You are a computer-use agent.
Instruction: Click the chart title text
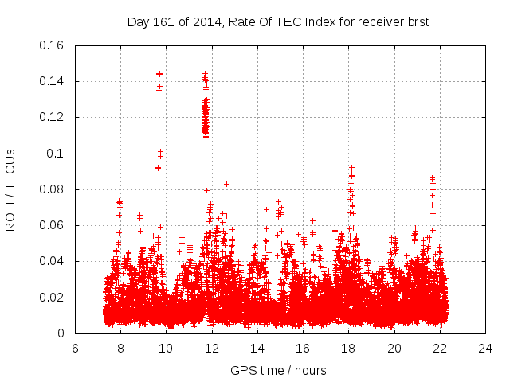[x=278, y=22]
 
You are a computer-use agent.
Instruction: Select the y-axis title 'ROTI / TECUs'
[x=11, y=189]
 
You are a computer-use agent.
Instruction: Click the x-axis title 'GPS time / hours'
[x=278, y=371]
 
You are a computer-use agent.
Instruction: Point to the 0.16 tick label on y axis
[x=53, y=45]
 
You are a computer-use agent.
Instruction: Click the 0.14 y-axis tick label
[x=53, y=81]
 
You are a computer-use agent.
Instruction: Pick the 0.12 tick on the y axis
[x=53, y=118]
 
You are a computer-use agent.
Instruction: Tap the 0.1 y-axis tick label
[x=57, y=154]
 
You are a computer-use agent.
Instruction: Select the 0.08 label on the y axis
[x=53, y=189]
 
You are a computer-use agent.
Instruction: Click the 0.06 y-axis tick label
[x=53, y=226]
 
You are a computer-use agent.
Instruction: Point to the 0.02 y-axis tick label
[x=53, y=298]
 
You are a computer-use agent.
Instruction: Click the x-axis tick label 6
[x=75, y=349]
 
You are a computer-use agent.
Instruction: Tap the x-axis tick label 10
[x=166, y=349]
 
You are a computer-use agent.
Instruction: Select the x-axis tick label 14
[x=257, y=349]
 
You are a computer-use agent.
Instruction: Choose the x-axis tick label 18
[x=348, y=349]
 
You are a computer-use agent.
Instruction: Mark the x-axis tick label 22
[x=440, y=349]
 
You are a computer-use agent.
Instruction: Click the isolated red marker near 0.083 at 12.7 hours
[x=226, y=184]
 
